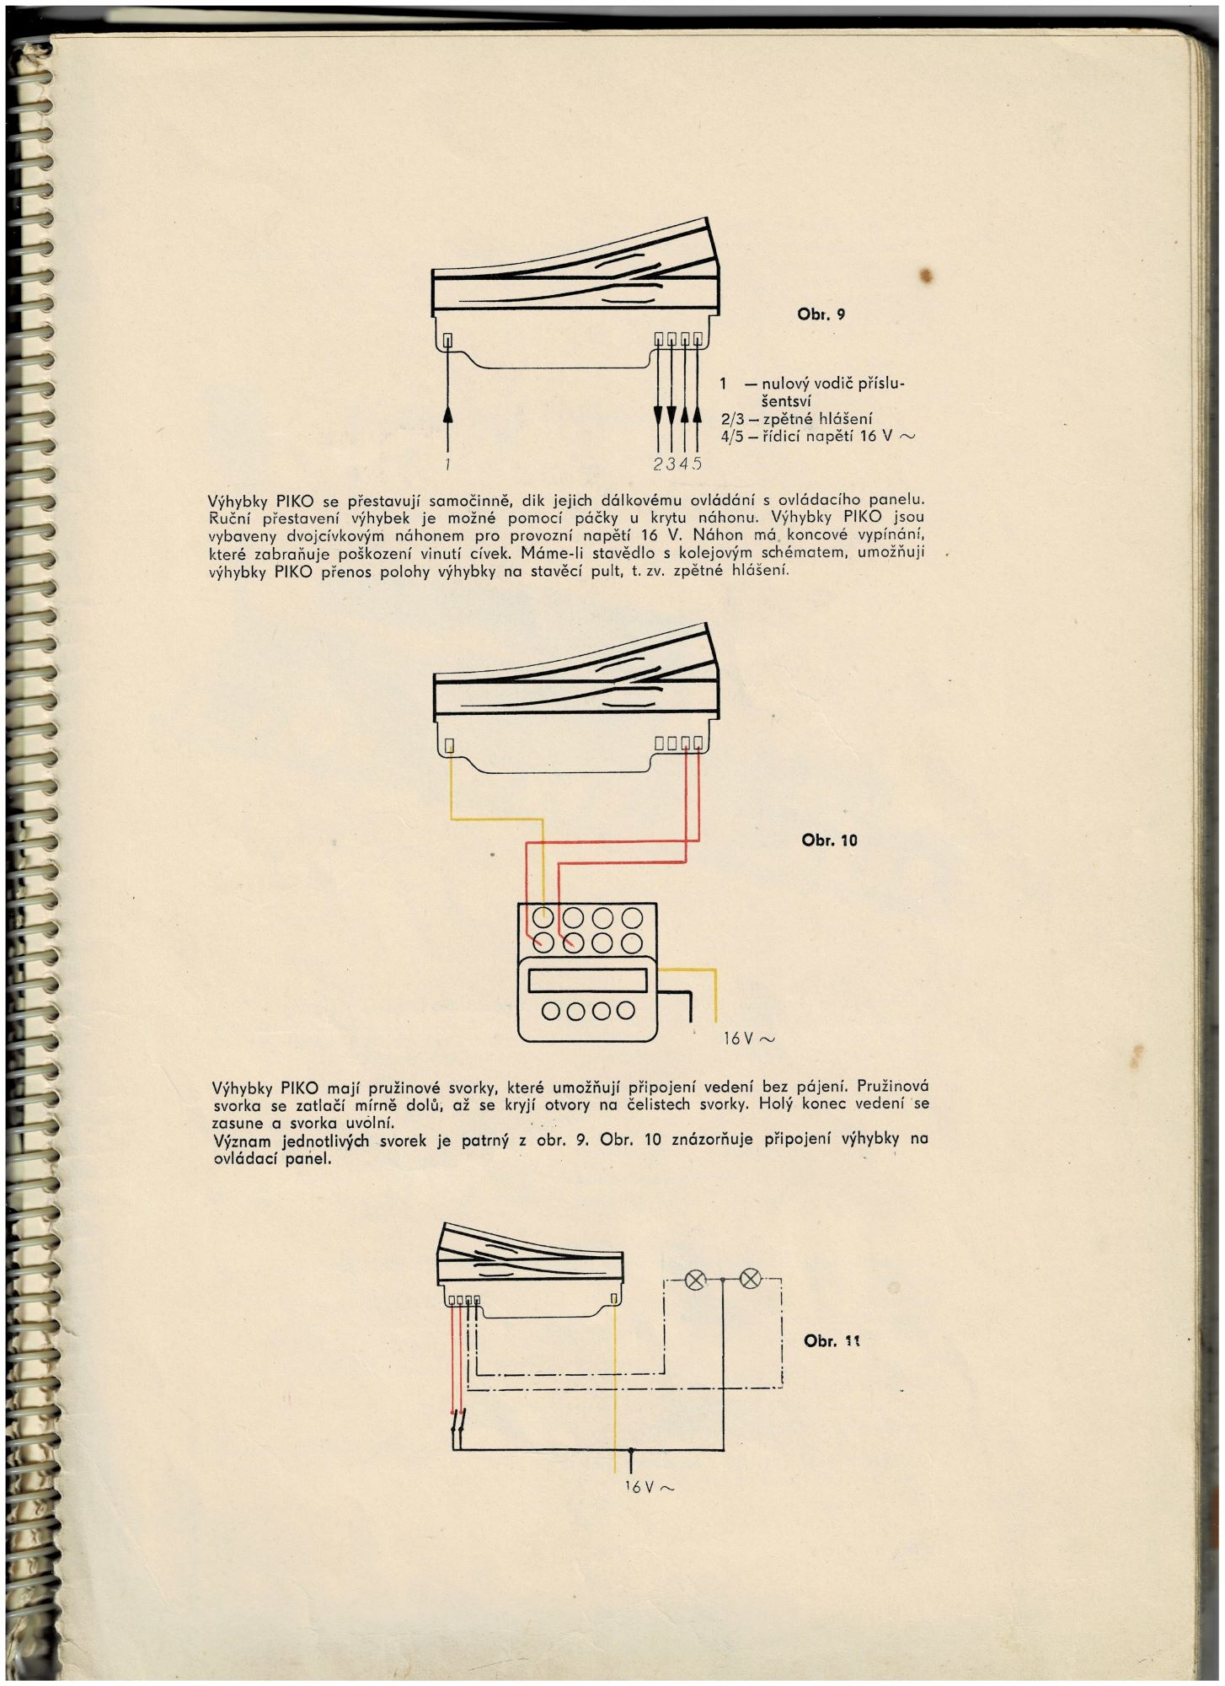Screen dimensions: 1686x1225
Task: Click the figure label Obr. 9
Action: [x=821, y=314]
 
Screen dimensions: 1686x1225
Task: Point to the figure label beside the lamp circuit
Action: [x=831, y=1341]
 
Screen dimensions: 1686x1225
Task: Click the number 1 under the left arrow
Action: [x=448, y=463]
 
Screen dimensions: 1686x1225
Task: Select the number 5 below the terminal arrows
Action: [x=697, y=463]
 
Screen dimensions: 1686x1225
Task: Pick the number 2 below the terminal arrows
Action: [x=657, y=463]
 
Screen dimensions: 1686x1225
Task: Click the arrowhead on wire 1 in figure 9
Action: [x=448, y=413]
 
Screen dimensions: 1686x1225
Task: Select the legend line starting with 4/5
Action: [x=817, y=437]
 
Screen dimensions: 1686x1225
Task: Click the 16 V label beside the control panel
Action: [x=748, y=1039]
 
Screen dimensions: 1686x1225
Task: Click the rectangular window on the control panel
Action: [x=587, y=980]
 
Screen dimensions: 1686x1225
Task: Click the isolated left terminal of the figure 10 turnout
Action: [x=450, y=744]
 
